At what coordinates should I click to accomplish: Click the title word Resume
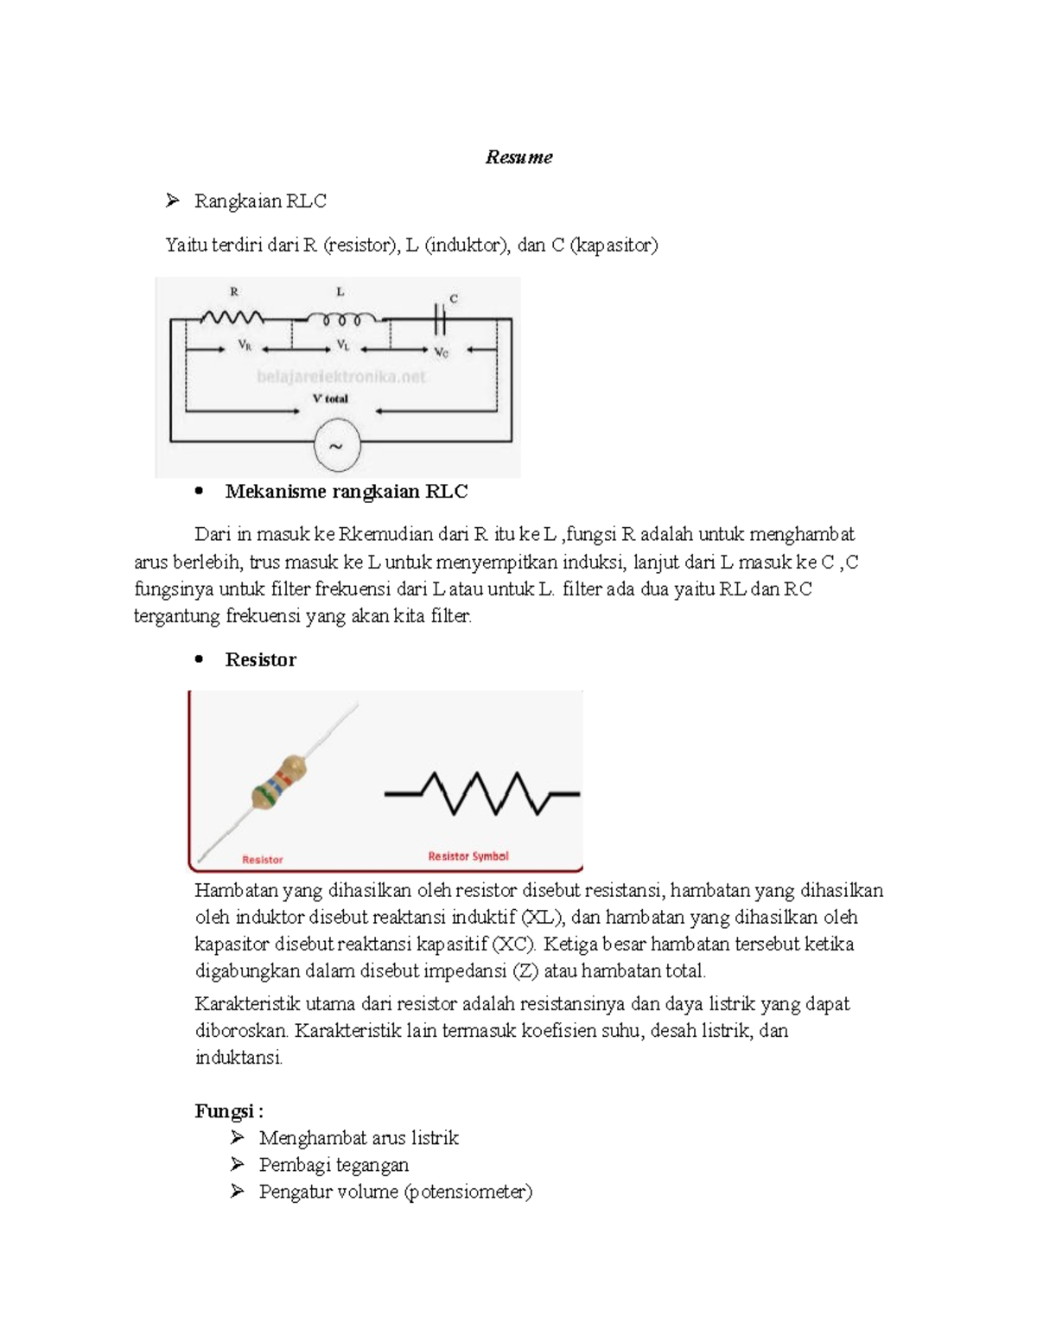(x=518, y=157)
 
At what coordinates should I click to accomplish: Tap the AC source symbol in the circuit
(x=336, y=446)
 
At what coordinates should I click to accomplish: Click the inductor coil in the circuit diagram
(x=341, y=319)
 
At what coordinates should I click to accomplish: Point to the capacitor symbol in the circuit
(x=440, y=320)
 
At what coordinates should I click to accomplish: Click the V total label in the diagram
(x=330, y=399)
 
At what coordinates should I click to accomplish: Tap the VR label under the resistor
(x=245, y=346)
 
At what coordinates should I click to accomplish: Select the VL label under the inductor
(x=343, y=346)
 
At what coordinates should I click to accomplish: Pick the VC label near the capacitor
(x=442, y=352)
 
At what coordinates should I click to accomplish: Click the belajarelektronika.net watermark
(x=340, y=377)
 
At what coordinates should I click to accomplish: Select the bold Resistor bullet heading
(x=260, y=660)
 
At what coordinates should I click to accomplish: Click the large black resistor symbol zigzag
(x=482, y=793)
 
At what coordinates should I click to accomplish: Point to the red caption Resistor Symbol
(x=468, y=856)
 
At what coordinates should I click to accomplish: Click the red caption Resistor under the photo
(x=262, y=860)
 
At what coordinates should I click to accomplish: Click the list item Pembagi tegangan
(x=334, y=1165)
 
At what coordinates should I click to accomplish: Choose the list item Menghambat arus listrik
(x=358, y=1138)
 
